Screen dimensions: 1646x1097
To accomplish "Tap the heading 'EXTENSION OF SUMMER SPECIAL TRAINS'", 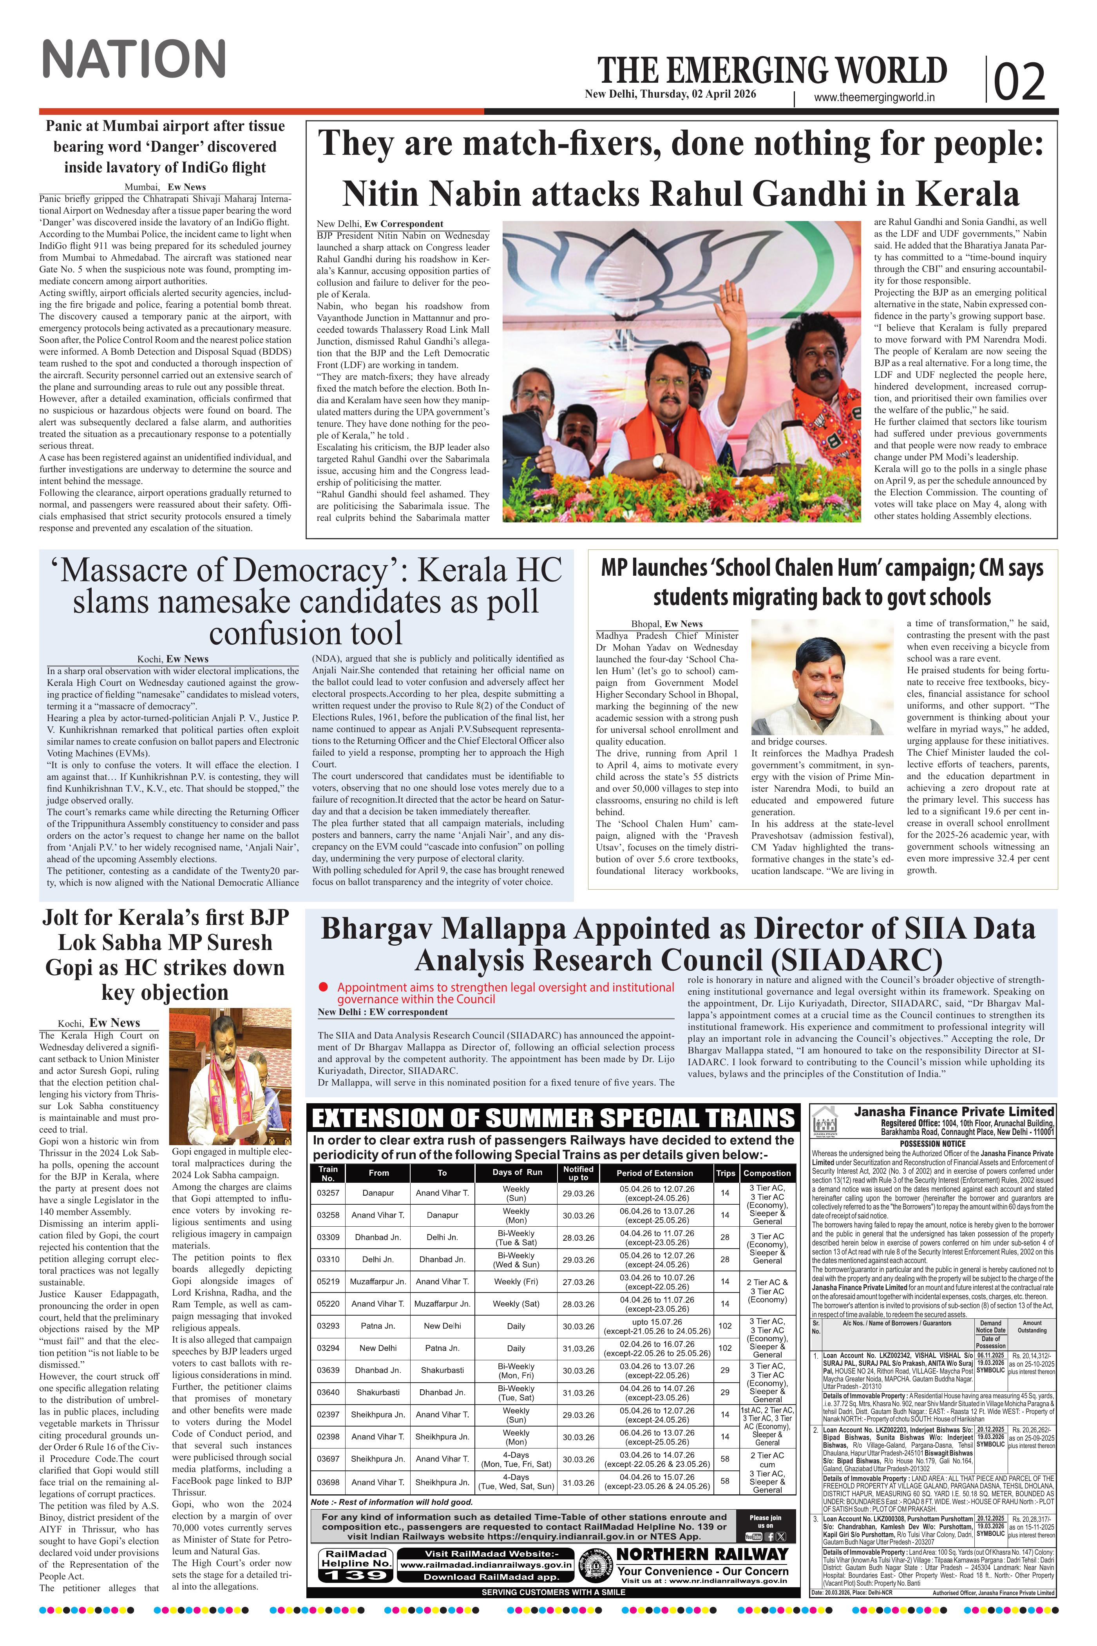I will click(553, 1118).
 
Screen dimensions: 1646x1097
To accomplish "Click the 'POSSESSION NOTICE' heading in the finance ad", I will click(932, 1144).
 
